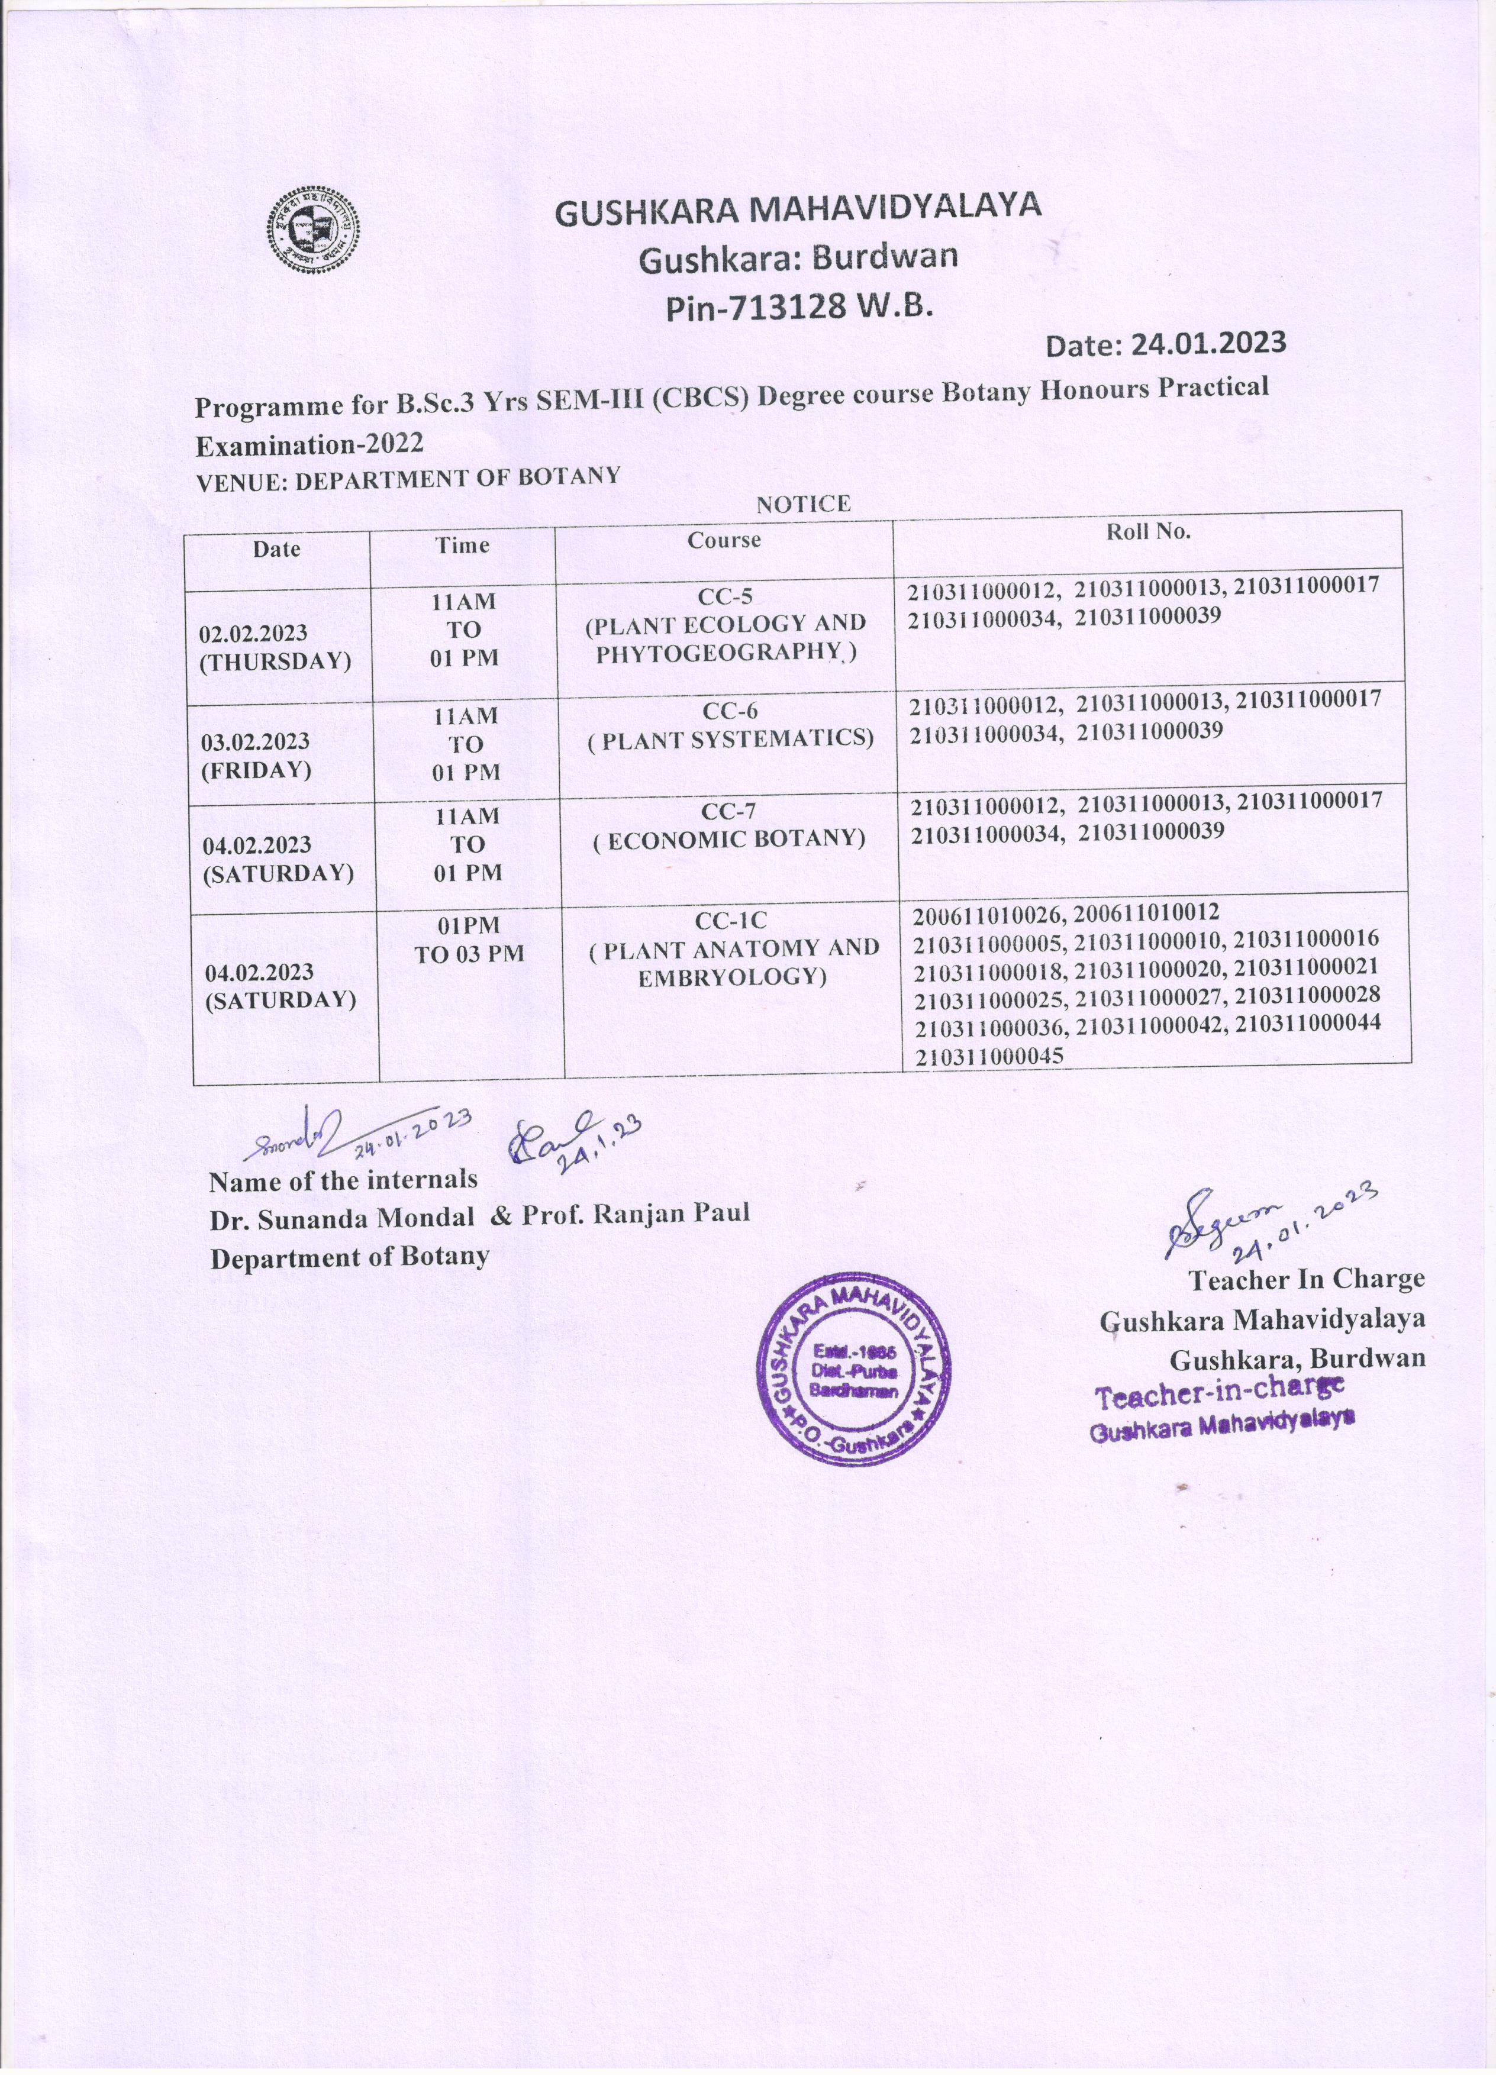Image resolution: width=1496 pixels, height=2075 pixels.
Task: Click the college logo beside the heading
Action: (x=313, y=229)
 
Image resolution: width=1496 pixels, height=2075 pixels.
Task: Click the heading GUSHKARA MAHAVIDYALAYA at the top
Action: (x=798, y=209)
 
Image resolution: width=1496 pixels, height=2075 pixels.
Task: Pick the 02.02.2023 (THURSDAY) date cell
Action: (x=275, y=647)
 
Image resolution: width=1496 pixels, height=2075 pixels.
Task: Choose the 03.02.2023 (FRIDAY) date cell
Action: (x=256, y=755)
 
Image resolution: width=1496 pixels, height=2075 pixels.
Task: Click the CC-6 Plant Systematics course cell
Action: (x=730, y=725)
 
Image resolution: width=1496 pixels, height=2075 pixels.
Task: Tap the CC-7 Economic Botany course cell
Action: (x=729, y=825)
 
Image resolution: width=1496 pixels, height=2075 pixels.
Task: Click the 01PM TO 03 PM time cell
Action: (x=469, y=940)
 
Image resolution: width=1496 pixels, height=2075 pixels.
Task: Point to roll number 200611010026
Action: (x=990, y=913)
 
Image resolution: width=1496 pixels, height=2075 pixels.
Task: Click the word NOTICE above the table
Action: (x=802, y=504)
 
